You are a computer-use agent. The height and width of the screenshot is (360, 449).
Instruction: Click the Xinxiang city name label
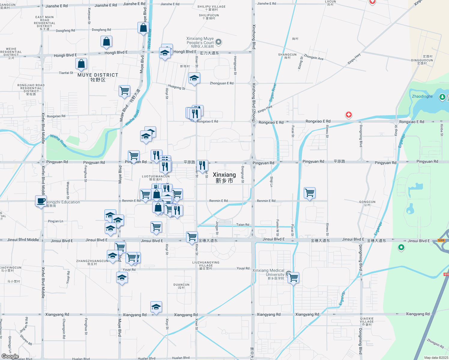point(224,177)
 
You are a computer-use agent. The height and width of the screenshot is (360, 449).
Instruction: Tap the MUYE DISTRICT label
point(98,77)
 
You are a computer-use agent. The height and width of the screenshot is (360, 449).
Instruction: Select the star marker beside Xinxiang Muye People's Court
point(218,42)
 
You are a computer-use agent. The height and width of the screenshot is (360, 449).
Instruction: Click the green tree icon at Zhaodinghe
point(442,97)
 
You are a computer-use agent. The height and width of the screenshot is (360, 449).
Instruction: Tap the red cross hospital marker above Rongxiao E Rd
point(348,115)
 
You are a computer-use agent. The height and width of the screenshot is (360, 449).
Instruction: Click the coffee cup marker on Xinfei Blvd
point(41,201)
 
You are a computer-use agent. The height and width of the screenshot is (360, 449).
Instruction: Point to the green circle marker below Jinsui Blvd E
point(401,247)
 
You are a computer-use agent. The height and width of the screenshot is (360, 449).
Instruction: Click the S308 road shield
point(441,240)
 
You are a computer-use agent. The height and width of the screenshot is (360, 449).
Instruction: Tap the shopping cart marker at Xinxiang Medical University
point(293,278)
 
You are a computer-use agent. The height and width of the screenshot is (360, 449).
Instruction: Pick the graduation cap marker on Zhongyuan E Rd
point(194,78)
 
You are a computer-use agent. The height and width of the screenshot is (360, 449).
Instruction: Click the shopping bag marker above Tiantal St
point(81,64)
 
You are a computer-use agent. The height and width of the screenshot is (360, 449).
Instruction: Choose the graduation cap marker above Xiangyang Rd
point(156,307)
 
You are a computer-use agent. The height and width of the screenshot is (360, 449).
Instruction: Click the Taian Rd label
point(243,225)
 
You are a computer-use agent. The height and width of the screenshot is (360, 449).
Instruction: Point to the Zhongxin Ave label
point(314,57)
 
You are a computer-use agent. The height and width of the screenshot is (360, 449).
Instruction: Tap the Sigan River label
point(273,92)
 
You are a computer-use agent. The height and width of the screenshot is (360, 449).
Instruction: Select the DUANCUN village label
point(182,286)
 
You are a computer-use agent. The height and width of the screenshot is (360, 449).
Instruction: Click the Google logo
point(10,356)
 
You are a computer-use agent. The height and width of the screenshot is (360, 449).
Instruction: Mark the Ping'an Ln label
point(56,221)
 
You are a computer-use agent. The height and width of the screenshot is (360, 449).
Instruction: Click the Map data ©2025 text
point(436,358)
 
